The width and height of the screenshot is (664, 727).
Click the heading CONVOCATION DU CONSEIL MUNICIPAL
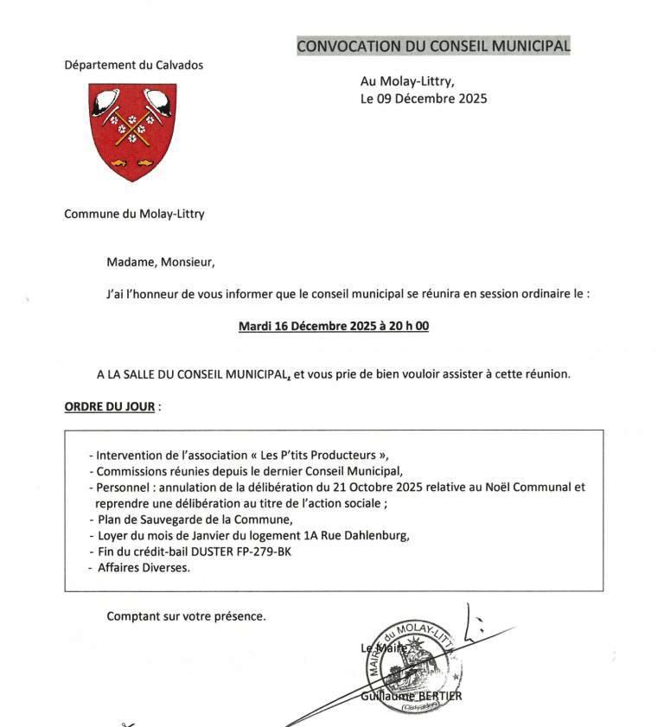coord(433,46)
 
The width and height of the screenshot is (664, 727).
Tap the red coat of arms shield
coord(132,130)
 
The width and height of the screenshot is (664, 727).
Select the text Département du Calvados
coord(134,65)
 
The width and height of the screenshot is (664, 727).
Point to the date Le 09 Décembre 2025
coord(424,99)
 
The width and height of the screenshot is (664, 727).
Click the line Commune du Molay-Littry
coord(134,214)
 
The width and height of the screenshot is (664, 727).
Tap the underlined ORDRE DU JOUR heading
coord(110,406)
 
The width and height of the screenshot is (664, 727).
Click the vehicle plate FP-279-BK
coord(264,552)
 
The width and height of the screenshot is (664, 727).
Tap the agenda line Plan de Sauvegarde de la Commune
coord(190,520)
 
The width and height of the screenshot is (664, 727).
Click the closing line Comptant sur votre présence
coord(186,616)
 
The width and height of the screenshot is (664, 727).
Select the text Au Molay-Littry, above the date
coord(406,81)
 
